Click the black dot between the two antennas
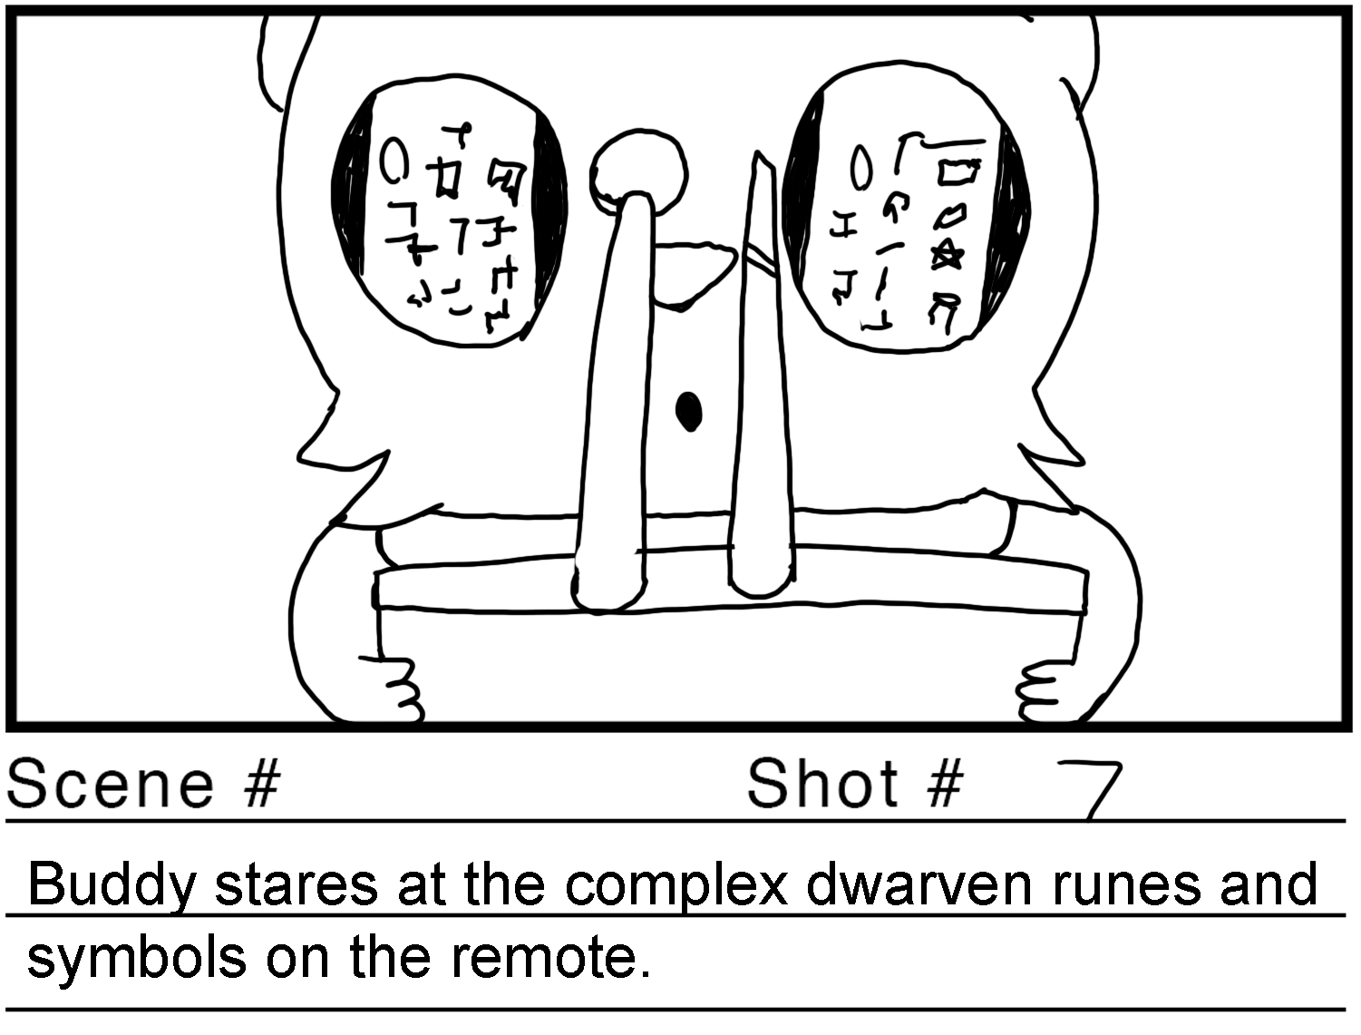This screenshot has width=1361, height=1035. point(689,411)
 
